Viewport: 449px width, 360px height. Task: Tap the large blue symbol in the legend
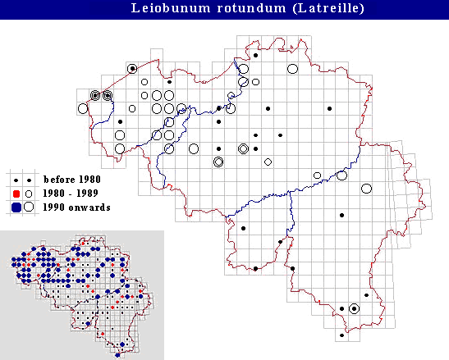[x=16, y=207]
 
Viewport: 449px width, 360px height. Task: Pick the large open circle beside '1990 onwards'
[x=29, y=207]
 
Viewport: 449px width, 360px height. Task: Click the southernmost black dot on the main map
[x=342, y=335]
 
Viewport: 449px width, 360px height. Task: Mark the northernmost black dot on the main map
[x=255, y=56]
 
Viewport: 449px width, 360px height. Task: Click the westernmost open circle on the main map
[x=82, y=108]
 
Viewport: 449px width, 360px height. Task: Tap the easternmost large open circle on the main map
[x=367, y=189]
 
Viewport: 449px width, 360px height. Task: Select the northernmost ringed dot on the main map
[x=132, y=68]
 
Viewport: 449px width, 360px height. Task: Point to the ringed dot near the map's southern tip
[x=354, y=308]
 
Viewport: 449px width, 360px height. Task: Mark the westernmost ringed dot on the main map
[x=95, y=95]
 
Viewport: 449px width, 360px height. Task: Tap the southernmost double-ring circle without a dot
[x=218, y=162]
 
